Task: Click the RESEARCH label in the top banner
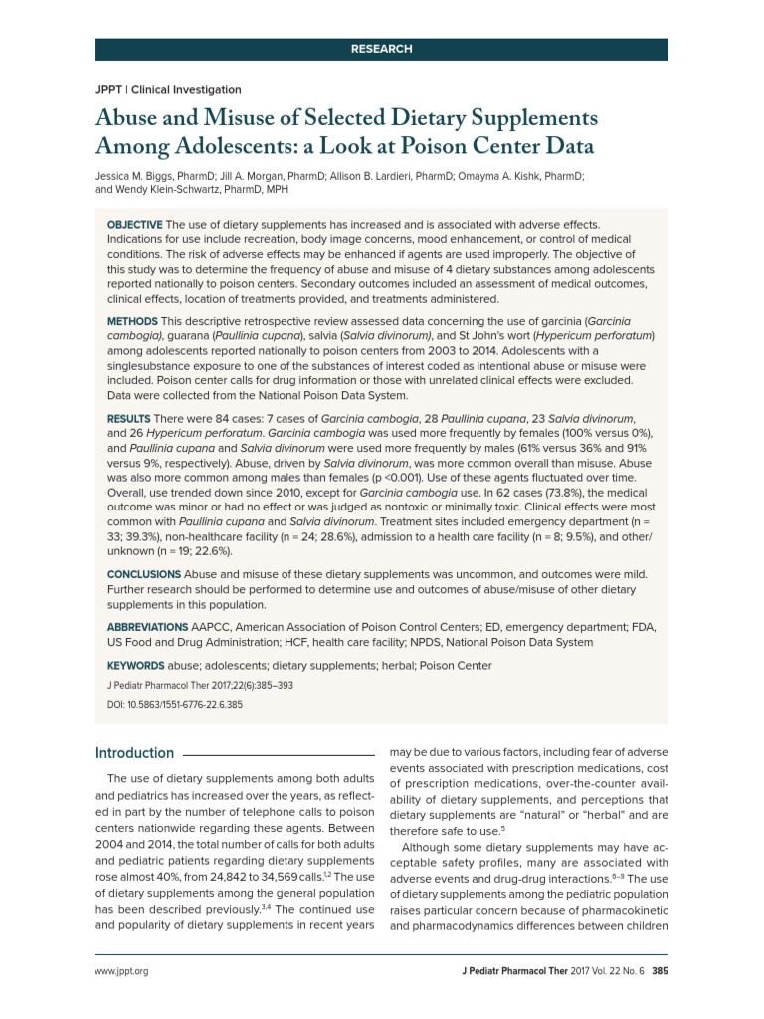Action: pos(381,49)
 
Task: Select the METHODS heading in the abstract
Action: pos(132,322)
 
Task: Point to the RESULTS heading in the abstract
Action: pos(129,418)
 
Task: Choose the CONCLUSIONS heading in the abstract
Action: pos(143,574)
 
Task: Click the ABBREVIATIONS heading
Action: pos(147,628)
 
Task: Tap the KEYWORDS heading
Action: pos(136,666)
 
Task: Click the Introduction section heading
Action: pos(134,753)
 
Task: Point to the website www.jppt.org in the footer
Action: pos(121,971)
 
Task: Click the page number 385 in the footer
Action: pos(659,971)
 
